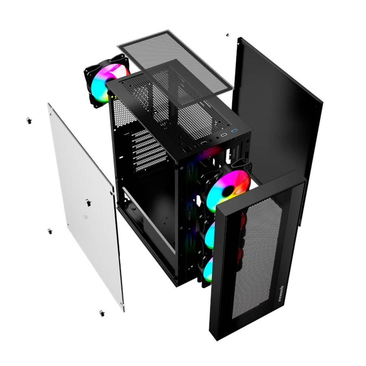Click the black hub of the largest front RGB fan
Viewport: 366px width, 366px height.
229,190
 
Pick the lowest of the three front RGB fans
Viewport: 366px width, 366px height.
208,268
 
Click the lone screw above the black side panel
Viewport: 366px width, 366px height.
227,35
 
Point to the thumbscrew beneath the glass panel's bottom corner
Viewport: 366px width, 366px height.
101,313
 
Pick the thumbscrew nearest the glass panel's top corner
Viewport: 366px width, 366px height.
29,120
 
